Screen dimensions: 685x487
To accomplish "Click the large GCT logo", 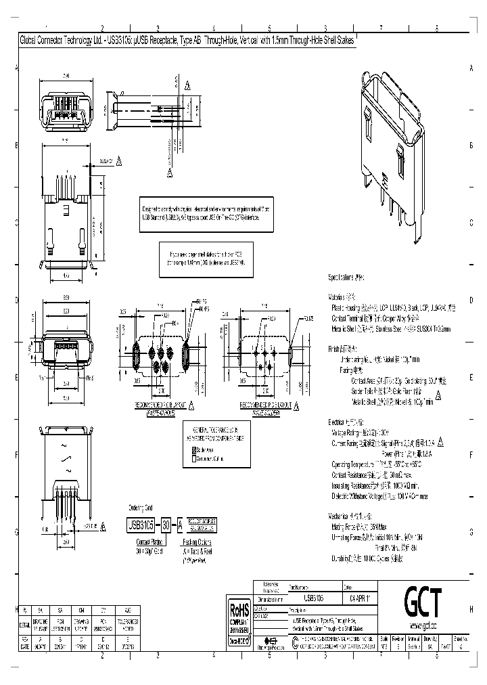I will click(x=423, y=600).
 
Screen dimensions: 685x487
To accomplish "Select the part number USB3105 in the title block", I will click(x=313, y=598).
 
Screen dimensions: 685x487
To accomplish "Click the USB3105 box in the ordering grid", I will click(x=142, y=524).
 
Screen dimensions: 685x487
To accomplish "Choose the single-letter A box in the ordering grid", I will click(x=180, y=524).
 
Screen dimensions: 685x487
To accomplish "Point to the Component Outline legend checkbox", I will click(x=193, y=458).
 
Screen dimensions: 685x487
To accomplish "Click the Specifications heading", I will click(x=346, y=278).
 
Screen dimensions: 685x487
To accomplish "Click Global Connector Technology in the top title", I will click(x=62, y=41).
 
